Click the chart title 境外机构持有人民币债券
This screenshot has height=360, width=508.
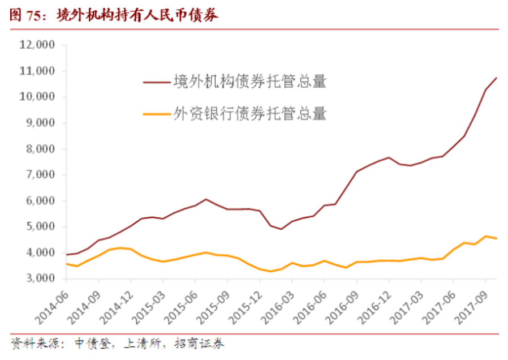coord(137,15)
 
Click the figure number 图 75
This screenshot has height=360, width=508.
coord(27,15)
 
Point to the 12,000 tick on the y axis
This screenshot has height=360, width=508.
coord(37,45)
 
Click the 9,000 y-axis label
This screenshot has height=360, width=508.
coord(39,123)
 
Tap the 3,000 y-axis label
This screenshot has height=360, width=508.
coord(39,279)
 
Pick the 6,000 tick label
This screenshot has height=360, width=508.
coord(39,201)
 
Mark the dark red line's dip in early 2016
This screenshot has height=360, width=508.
coord(281,229)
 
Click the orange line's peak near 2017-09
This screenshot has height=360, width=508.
coord(485,236)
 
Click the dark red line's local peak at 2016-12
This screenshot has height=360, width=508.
coord(389,157)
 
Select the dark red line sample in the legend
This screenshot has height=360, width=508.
coord(156,82)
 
